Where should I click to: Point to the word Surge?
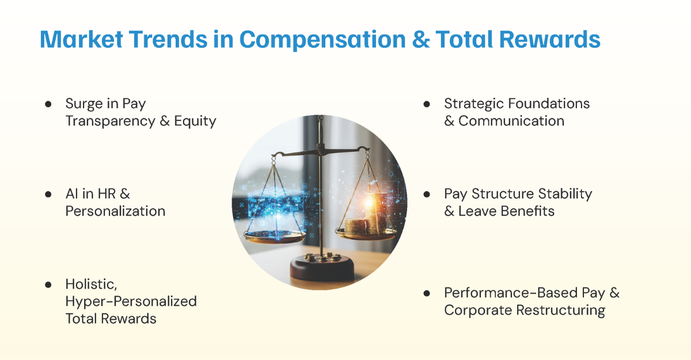tap(83, 104)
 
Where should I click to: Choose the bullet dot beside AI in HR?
tap(48, 194)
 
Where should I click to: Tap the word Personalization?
tap(115, 211)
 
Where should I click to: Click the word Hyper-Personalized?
tap(131, 301)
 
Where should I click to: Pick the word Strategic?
tap(472, 104)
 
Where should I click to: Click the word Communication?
tap(511, 121)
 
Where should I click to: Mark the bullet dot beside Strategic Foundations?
tap(427, 104)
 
